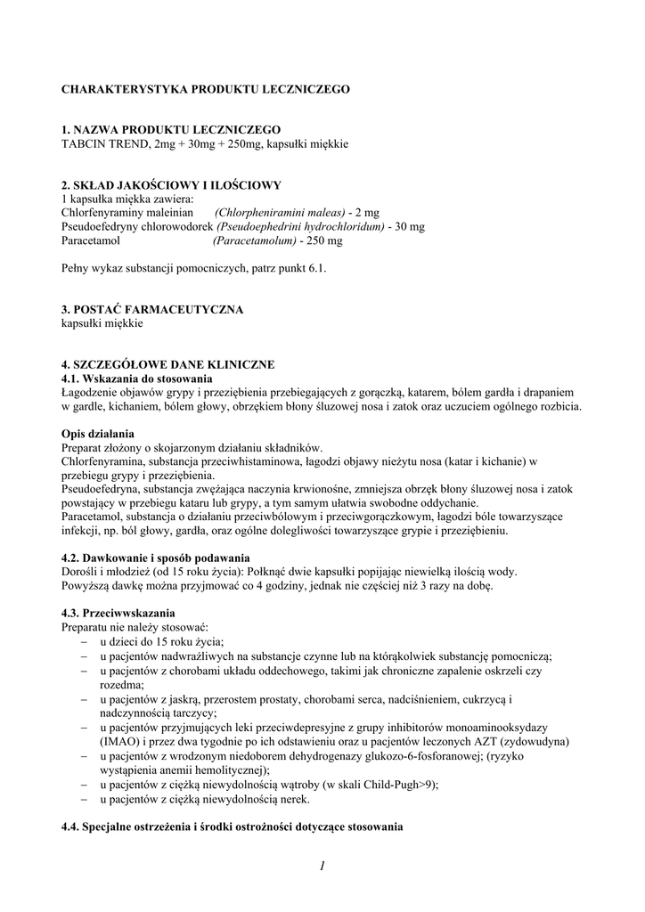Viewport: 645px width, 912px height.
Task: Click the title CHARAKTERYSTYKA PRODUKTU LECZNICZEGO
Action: pos(205,90)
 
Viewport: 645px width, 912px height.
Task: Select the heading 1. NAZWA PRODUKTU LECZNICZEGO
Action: pos(171,129)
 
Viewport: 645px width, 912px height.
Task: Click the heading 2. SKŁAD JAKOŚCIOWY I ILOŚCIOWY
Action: pos(171,185)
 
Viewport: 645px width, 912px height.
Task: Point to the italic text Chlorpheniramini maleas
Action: pos(280,213)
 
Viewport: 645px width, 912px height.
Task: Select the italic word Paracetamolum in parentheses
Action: pos(255,240)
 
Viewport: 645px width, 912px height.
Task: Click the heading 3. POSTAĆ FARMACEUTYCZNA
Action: pos(152,309)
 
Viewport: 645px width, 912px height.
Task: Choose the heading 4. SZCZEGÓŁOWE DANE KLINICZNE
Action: pos(168,364)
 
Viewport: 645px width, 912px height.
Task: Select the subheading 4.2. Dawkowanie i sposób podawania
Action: pos(149,558)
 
